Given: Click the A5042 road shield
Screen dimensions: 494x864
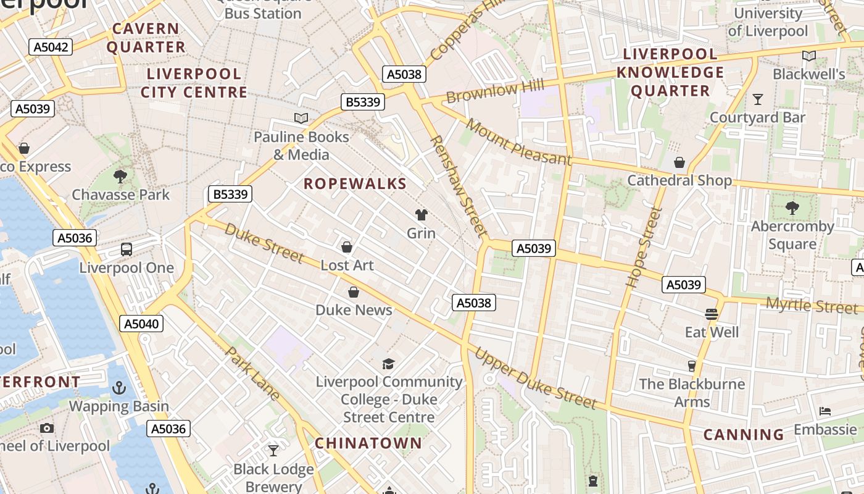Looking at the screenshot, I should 51,47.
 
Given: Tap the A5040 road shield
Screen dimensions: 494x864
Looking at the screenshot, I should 141,324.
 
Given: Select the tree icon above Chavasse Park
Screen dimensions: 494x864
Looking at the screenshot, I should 120,177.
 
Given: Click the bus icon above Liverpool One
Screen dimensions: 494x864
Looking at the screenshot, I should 127,249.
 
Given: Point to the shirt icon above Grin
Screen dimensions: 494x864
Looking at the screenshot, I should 422,215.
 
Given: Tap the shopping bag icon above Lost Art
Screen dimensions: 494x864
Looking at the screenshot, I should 347,247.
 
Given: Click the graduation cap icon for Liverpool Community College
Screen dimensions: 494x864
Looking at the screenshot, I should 388,364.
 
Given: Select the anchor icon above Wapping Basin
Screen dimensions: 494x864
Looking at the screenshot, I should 118,388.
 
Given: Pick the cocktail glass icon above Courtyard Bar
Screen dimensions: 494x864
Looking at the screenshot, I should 758,99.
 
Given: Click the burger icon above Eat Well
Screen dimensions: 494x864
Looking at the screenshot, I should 712,314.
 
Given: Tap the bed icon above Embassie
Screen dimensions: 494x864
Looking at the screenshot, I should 825,411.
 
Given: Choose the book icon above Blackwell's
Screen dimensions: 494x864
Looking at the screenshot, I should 808,56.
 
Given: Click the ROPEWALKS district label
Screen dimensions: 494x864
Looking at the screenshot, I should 355,183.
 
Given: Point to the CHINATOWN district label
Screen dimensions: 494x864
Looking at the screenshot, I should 368,443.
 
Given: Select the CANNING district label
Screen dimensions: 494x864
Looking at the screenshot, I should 744,435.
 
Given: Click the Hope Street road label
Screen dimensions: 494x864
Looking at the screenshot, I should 644,248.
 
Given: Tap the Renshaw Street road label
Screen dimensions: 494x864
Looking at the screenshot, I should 459,186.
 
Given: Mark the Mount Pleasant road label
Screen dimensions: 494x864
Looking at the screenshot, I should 518,143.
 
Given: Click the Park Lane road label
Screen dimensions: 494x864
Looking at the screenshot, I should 253,374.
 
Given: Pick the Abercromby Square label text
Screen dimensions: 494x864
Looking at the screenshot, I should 792,235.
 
